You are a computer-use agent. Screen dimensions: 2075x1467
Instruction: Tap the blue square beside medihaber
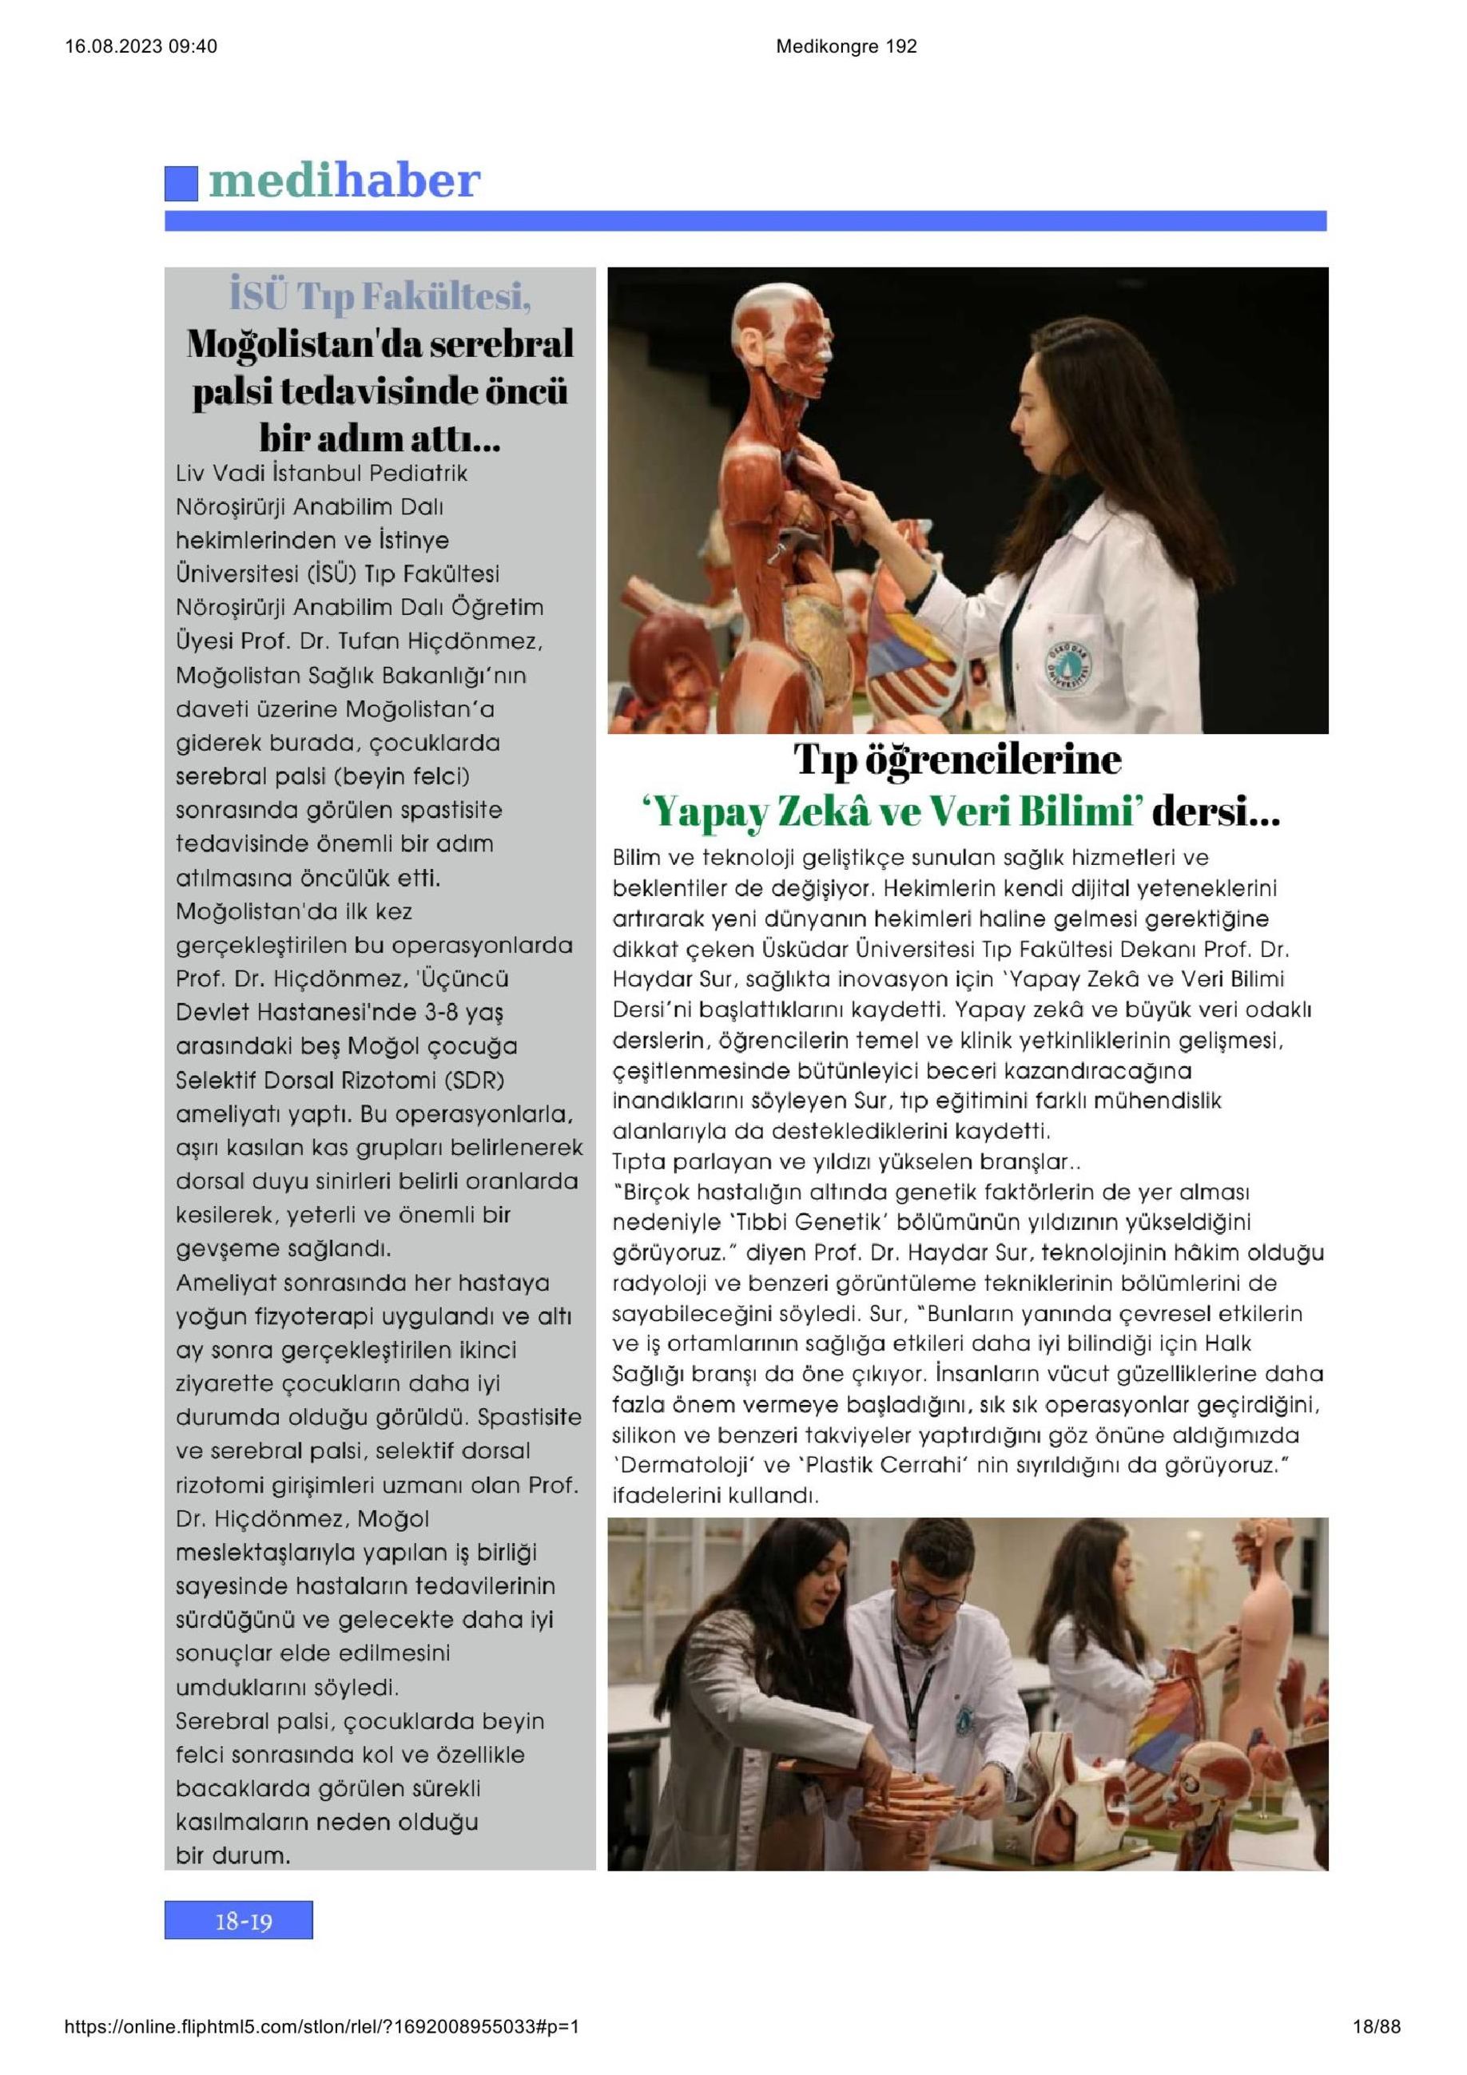181,184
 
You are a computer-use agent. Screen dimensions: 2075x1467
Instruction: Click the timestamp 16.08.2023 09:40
142,47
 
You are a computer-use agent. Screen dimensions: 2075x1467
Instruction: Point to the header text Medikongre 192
846,47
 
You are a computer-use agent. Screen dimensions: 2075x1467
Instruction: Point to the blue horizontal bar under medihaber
745,220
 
